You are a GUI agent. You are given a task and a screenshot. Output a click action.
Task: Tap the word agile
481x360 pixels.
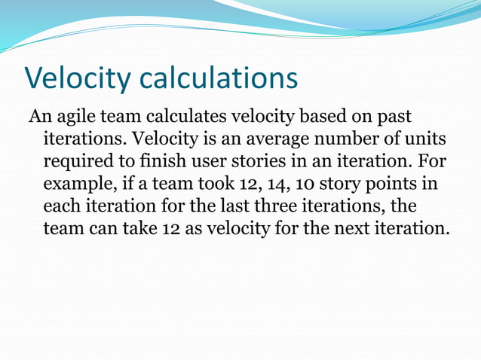tap(75, 119)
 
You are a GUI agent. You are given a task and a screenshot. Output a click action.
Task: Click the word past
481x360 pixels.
tap(397, 119)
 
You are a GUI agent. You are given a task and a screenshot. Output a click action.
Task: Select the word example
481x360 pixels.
tap(78, 185)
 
